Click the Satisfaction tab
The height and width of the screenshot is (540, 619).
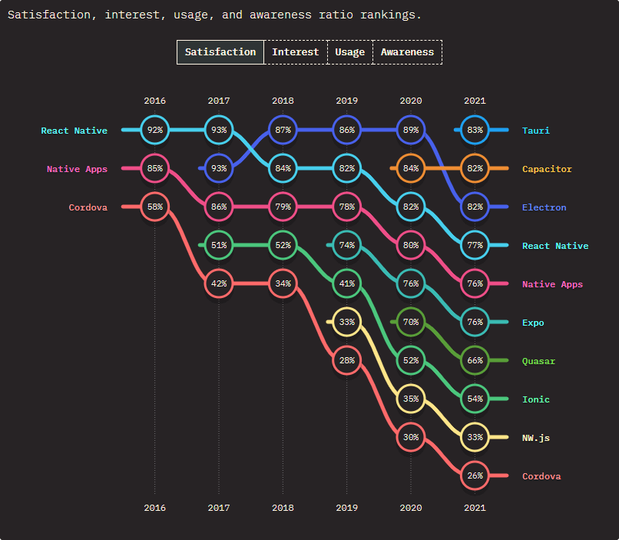coord(220,52)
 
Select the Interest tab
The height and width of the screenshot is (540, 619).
coord(295,52)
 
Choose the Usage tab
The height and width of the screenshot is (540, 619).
coord(349,52)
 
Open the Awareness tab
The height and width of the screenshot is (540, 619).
coord(407,52)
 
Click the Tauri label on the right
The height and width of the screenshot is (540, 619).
coord(535,131)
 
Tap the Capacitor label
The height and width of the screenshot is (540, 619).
coord(547,169)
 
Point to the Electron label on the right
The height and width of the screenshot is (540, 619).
coord(544,207)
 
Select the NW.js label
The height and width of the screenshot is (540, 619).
coord(535,438)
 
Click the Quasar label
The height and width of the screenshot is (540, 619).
coord(538,361)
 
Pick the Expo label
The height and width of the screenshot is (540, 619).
coord(533,323)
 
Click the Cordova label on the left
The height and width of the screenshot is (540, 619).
coord(88,207)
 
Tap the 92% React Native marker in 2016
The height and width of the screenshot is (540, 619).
coord(155,131)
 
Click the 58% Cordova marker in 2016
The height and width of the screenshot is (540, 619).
coord(155,207)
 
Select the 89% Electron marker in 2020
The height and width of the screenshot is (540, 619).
coord(411,131)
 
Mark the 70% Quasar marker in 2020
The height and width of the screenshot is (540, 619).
coord(411,323)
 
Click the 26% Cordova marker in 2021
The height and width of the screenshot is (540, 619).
coord(475,476)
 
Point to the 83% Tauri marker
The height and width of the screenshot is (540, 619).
coord(475,131)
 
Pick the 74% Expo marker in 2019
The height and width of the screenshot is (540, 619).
coord(347,246)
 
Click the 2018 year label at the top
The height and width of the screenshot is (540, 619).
coord(283,101)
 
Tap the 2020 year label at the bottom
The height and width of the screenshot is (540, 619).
coord(411,508)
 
